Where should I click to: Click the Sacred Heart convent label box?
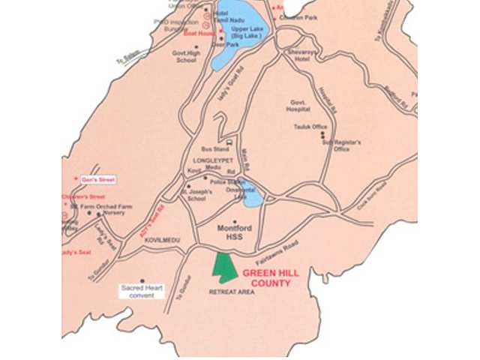(x=142, y=291)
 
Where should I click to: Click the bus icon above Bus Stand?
(x=229, y=141)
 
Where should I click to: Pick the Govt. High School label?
(x=188, y=57)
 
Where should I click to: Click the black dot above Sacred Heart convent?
(x=142, y=280)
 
